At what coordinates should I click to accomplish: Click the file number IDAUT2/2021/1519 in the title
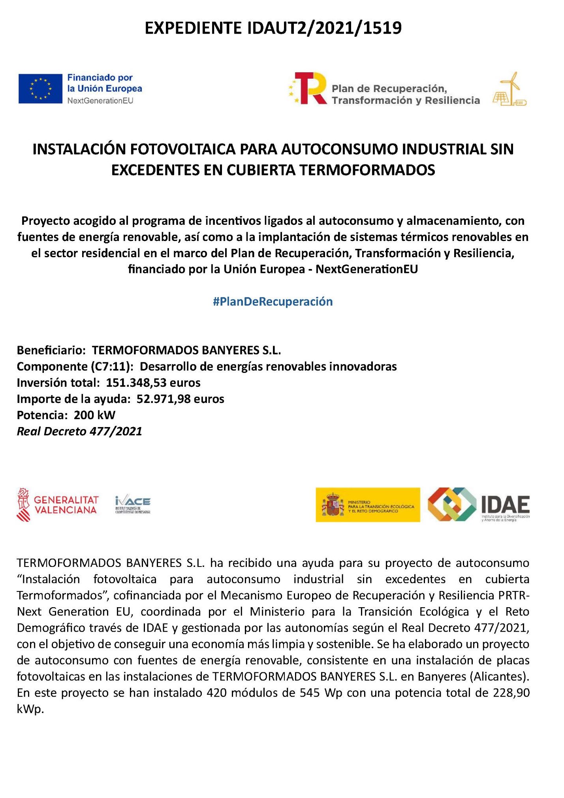(x=324, y=28)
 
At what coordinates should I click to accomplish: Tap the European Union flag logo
(x=40, y=88)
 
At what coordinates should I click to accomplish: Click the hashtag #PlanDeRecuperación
(x=273, y=302)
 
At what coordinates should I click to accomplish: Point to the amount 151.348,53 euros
(x=153, y=383)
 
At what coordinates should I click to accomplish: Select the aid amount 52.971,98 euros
(x=180, y=399)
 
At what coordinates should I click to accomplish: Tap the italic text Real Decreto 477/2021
(x=79, y=431)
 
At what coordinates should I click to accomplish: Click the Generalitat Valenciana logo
(x=58, y=504)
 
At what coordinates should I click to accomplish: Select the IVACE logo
(x=133, y=504)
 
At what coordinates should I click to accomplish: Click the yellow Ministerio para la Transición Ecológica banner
(x=368, y=504)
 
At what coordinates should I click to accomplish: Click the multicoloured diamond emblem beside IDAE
(x=451, y=504)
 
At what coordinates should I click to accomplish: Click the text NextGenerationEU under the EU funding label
(x=100, y=101)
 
